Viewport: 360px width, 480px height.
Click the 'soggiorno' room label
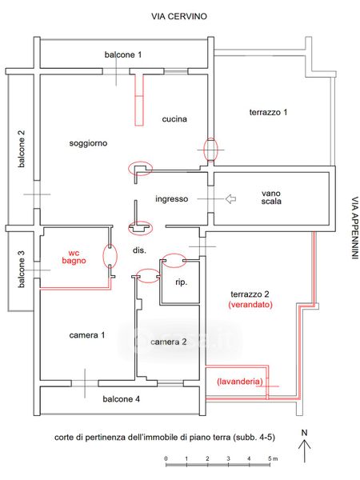coord(88,143)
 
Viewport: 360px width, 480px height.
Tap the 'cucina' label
coord(174,118)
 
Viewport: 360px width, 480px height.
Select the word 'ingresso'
coord(172,199)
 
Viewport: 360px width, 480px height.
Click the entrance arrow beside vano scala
coord(230,199)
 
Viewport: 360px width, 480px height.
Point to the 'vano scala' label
coord(271,198)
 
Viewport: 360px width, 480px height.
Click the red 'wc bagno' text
coord(74,257)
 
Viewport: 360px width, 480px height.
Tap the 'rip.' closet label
coord(181,282)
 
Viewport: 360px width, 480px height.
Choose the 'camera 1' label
coord(87,335)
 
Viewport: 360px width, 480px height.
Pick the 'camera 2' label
coord(169,342)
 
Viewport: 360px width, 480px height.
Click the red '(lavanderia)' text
coord(240,382)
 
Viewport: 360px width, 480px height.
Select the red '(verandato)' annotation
coord(250,305)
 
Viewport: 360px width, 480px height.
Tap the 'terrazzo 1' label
coord(268,112)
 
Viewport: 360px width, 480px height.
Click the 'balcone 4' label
coord(122,399)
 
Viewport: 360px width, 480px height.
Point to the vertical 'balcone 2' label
coord(22,149)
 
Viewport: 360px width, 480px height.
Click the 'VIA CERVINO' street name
coord(179,16)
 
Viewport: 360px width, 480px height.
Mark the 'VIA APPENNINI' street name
coord(354,228)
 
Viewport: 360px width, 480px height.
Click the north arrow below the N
coord(305,451)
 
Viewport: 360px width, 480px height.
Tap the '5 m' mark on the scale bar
coord(273,458)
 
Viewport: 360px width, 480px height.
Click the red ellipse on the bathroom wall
coord(110,256)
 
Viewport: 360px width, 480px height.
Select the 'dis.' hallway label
coord(139,250)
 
